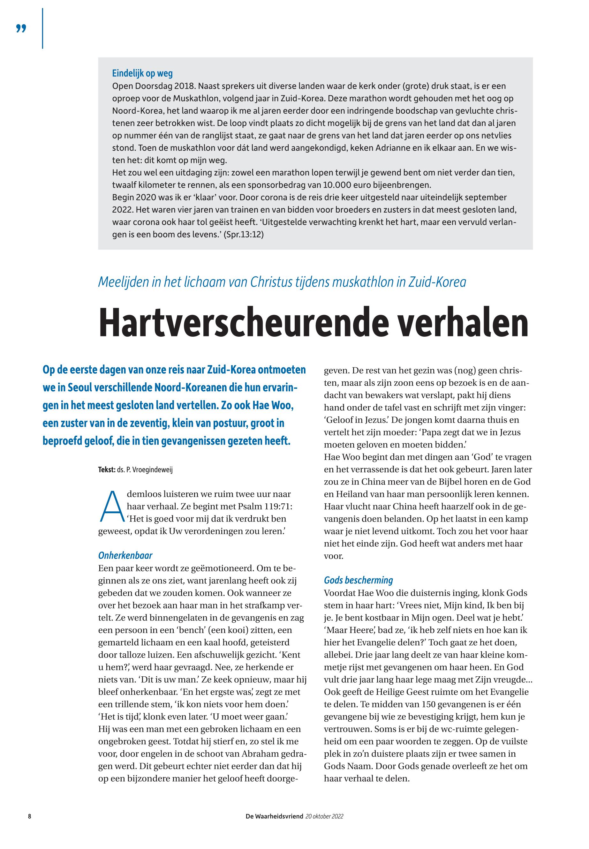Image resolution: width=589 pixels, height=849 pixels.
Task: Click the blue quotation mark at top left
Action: [x=21, y=29]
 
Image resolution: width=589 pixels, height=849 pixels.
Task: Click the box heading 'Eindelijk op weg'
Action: [x=142, y=73]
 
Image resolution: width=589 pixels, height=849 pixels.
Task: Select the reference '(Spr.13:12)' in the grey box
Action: [x=244, y=235]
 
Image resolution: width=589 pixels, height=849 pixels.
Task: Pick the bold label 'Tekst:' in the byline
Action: [x=107, y=470]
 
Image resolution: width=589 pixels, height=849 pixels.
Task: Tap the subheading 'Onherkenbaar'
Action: [x=125, y=556]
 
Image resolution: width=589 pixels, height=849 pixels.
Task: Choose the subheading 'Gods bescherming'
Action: [x=358, y=580]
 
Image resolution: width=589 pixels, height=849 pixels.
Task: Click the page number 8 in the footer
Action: [x=29, y=816]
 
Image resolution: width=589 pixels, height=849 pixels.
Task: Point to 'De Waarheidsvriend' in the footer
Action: [x=274, y=816]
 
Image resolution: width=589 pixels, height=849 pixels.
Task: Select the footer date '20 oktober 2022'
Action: [x=324, y=816]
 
